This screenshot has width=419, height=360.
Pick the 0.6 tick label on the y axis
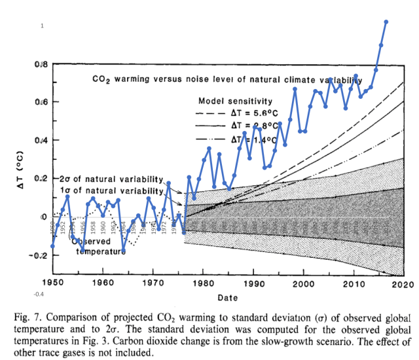pyautogui.click(x=40, y=102)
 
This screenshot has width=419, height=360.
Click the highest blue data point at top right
pyautogui.click(x=386, y=22)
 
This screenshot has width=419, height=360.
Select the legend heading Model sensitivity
pyautogui.click(x=235, y=101)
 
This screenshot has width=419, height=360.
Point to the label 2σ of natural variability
pyautogui.click(x=109, y=179)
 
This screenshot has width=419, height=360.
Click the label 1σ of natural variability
pyautogui.click(x=109, y=190)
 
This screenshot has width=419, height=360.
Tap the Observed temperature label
pyautogui.click(x=98, y=245)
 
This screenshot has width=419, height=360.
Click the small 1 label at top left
pyautogui.click(x=42, y=26)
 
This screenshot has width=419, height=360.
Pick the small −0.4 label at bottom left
pyautogui.click(x=39, y=295)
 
